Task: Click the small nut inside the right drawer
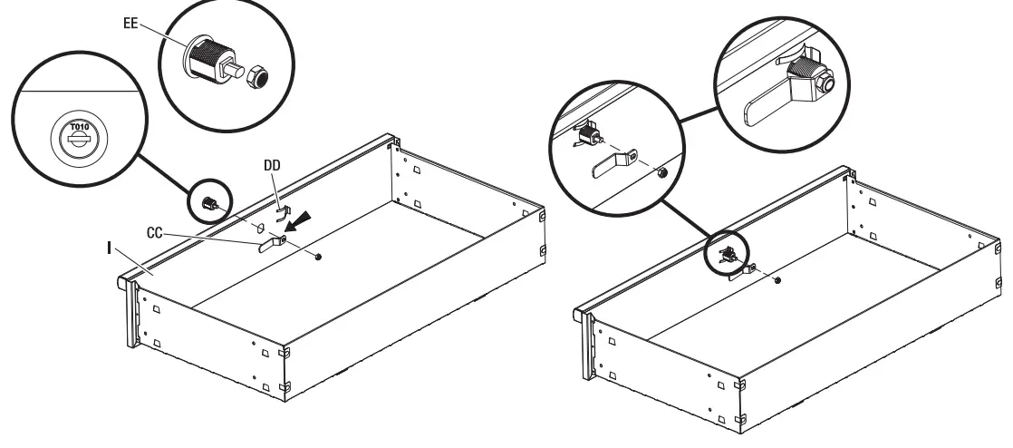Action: click(x=778, y=280)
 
